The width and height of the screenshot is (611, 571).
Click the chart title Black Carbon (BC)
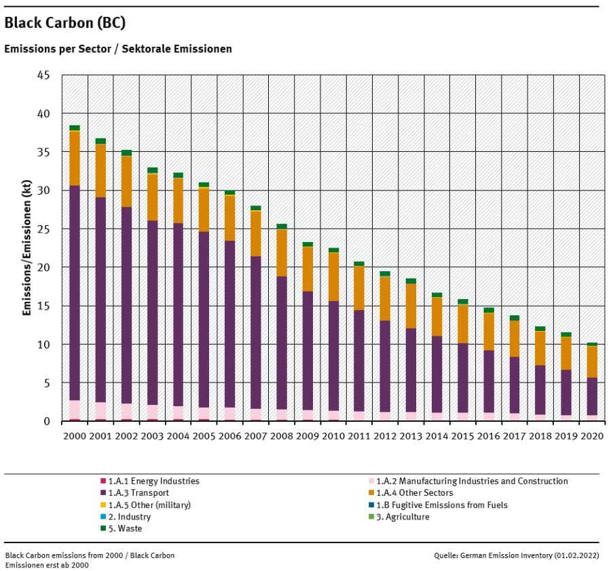(x=64, y=23)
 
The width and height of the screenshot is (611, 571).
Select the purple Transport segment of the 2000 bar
(x=75, y=292)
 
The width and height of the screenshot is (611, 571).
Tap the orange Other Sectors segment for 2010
(x=333, y=277)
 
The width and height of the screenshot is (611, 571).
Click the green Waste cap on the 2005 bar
(x=204, y=184)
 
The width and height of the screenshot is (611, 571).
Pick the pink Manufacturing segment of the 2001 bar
(x=100, y=411)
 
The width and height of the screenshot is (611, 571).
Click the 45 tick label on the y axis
(x=43, y=75)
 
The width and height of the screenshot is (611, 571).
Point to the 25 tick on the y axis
(x=43, y=229)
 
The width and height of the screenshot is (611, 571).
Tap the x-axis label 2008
(x=281, y=434)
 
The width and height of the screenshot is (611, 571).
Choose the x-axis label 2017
(x=514, y=434)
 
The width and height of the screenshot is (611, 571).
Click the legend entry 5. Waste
(x=125, y=528)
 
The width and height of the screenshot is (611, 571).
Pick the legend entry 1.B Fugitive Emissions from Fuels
(x=441, y=505)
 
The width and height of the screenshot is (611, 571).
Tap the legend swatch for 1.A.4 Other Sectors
(x=371, y=493)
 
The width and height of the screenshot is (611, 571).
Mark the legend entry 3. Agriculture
(x=403, y=517)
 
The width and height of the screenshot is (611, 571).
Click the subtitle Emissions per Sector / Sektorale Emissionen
(x=118, y=50)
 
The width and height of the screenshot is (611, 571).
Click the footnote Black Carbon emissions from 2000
(x=89, y=555)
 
